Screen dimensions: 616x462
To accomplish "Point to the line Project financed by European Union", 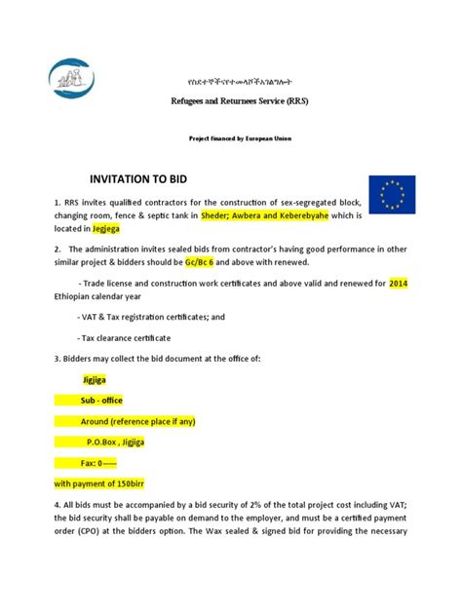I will [x=240, y=138].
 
